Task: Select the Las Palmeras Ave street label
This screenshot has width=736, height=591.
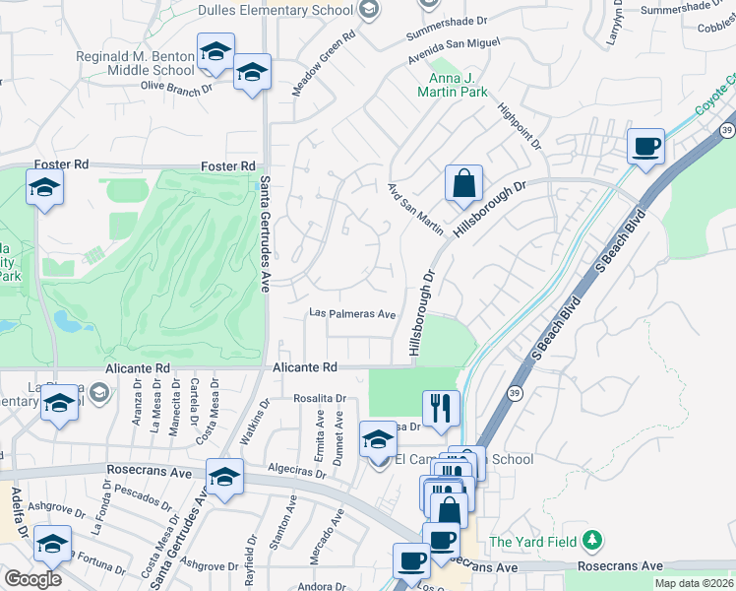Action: point(352,314)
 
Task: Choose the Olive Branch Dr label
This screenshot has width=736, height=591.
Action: point(176,87)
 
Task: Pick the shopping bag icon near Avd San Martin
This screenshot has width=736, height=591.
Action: point(462,184)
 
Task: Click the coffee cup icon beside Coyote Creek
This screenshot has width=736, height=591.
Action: point(645,147)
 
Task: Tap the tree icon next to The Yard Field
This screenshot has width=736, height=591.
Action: point(591,540)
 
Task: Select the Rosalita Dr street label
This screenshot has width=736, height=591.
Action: point(321,399)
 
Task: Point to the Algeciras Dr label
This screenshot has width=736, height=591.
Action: point(295,473)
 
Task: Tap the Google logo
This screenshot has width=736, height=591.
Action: point(32,578)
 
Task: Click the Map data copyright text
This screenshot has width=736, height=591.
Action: point(695,583)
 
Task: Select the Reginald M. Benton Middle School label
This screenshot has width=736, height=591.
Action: point(136,63)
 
